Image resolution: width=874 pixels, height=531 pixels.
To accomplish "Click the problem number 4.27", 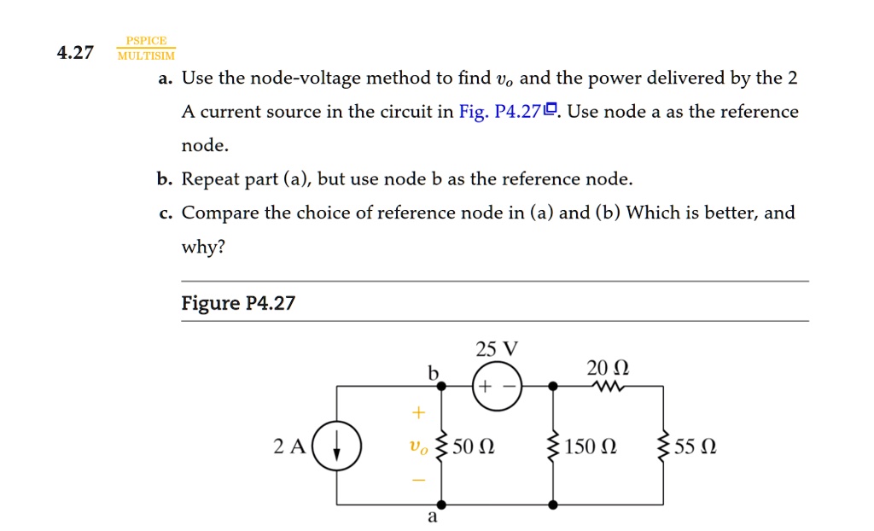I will [74, 53].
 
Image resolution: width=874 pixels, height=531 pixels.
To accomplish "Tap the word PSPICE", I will [146, 41].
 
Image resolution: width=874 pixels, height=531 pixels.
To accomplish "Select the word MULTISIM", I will [146, 56].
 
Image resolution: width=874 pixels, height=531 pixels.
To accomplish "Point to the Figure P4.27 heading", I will [238, 303].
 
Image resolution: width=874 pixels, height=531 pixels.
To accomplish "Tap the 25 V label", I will [497, 349].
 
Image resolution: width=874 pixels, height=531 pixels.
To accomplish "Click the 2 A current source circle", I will [336, 446].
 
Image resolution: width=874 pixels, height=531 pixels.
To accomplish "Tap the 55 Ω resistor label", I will [695, 446].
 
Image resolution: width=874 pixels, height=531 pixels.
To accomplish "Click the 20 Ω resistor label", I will [608, 368].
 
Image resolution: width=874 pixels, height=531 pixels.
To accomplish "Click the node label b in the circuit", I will [433, 372].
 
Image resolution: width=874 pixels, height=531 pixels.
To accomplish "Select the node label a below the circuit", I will [432, 516].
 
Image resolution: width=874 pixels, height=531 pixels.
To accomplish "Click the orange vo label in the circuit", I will [417, 446].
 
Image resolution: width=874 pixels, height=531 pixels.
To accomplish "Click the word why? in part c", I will [203, 247].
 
